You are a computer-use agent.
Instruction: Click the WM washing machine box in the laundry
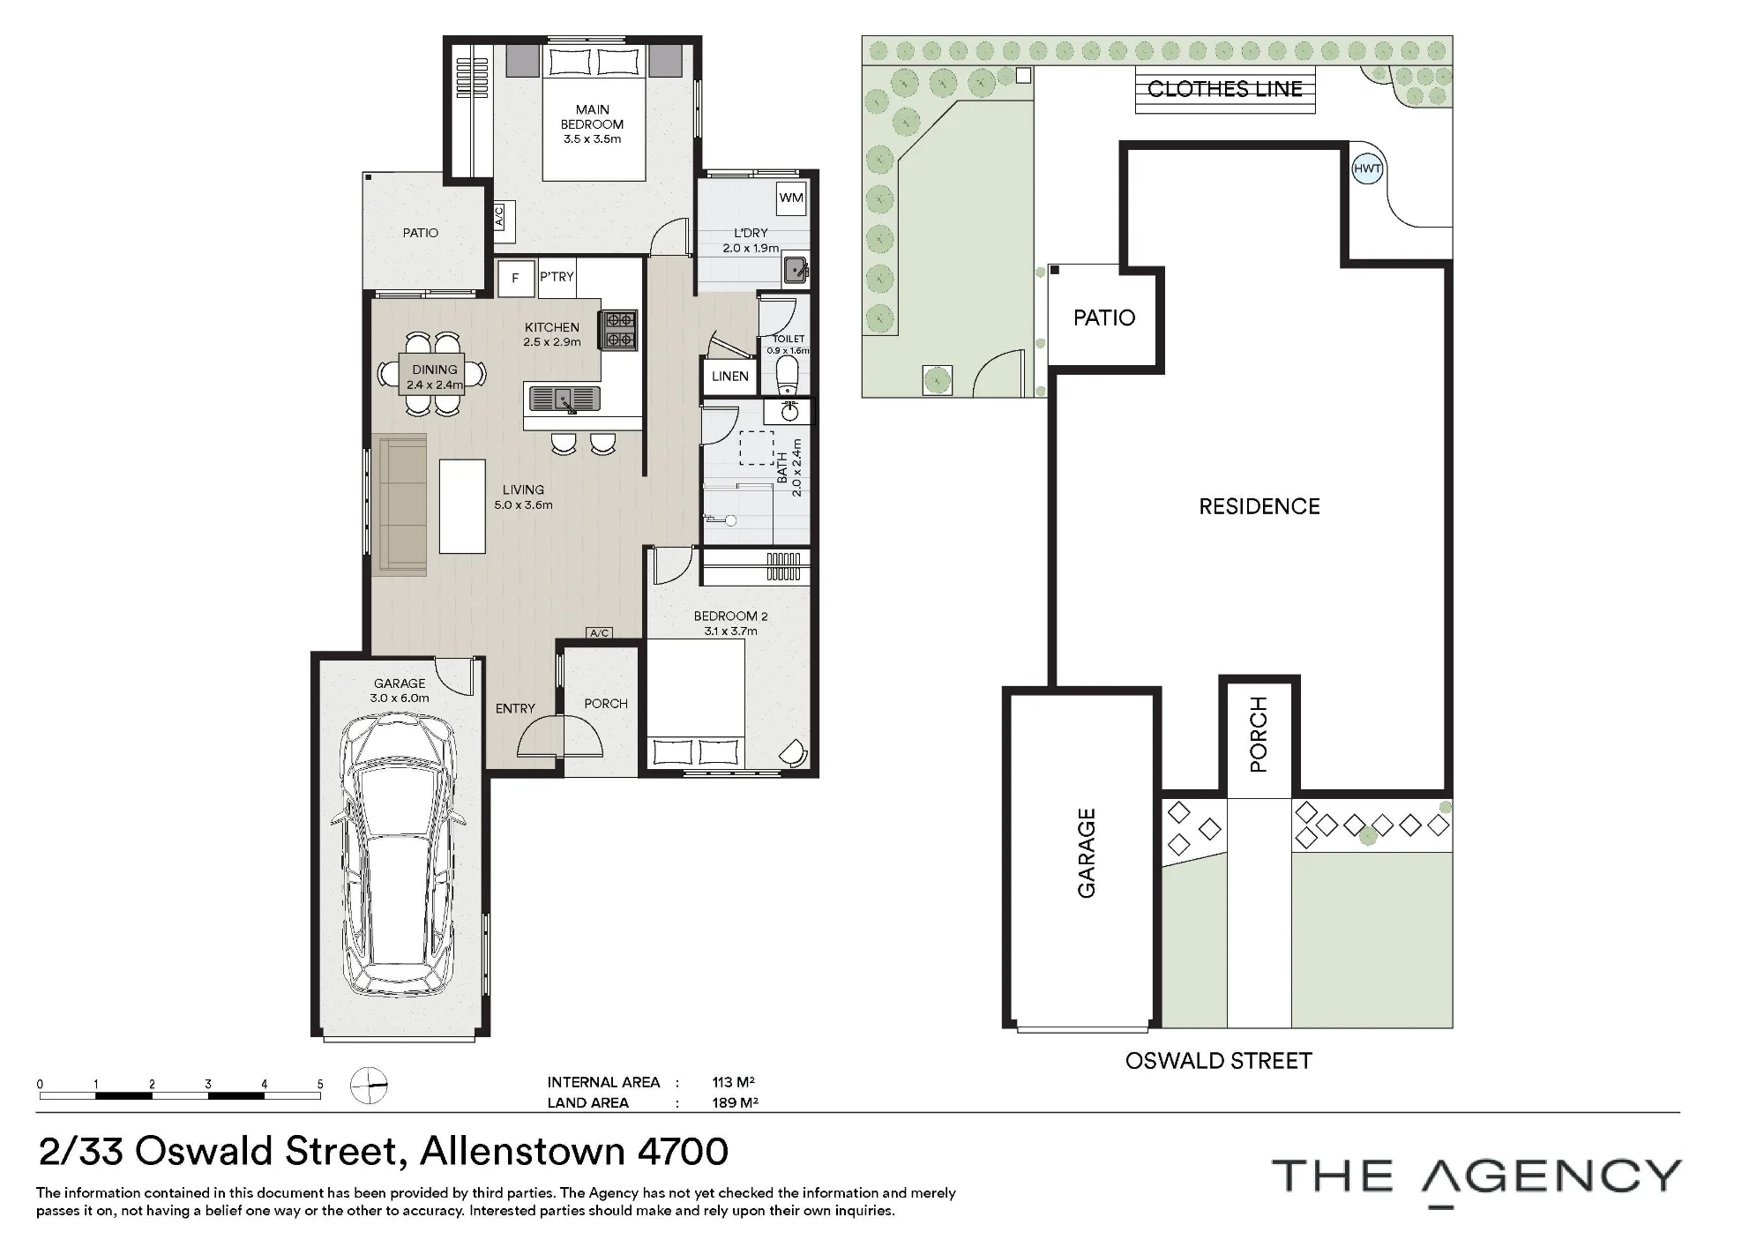(791, 198)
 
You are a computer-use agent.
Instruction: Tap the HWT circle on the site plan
(1367, 168)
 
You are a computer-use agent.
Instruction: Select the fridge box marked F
(515, 278)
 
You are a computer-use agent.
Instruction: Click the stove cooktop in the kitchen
(618, 331)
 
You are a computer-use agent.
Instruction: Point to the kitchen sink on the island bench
(564, 399)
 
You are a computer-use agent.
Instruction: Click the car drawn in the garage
(399, 855)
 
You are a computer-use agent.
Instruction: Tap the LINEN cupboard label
(730, 377)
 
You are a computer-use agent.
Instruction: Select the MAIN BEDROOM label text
(592, 117)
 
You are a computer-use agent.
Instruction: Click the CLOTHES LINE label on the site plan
(1225, 89)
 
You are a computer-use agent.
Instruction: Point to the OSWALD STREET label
(1219, 1061)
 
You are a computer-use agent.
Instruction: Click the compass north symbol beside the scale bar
(369, 1086)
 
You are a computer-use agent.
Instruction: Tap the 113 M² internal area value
(734, 1082)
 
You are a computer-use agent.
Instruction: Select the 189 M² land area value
(736, 1102)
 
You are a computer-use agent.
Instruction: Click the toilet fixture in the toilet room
(787, 377)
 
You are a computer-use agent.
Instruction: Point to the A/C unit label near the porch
(600, 633)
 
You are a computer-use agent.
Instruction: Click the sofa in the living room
(400, 504)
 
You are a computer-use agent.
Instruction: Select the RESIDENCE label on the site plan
(1259, 506)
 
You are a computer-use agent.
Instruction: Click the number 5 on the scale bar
(320, 1085)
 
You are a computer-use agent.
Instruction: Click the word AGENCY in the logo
(1553, 1177)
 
